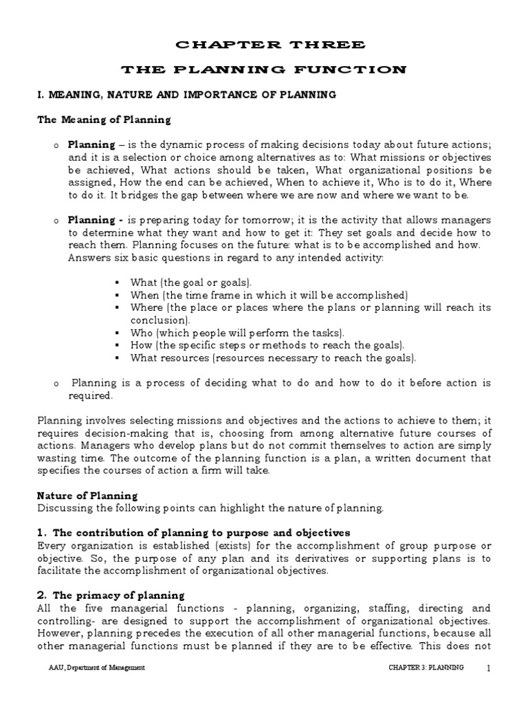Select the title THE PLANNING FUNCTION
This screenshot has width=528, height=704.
click(264, 69)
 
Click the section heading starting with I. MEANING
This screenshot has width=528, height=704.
click(186, 95)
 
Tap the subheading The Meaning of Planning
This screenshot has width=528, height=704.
click(103, 120)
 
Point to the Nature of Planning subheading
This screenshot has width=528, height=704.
click(87, 495)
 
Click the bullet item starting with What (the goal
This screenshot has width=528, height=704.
click(191, 283)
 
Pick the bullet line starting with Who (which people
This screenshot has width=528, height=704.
click(225, 333)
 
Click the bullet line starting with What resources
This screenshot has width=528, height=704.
click(273, 357)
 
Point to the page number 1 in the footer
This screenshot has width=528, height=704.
click(488, 668)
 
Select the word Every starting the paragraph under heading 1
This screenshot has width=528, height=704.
click(51, 545)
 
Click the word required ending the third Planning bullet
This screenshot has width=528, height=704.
click(89, 396)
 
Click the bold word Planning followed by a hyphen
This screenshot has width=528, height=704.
click(91, 220)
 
